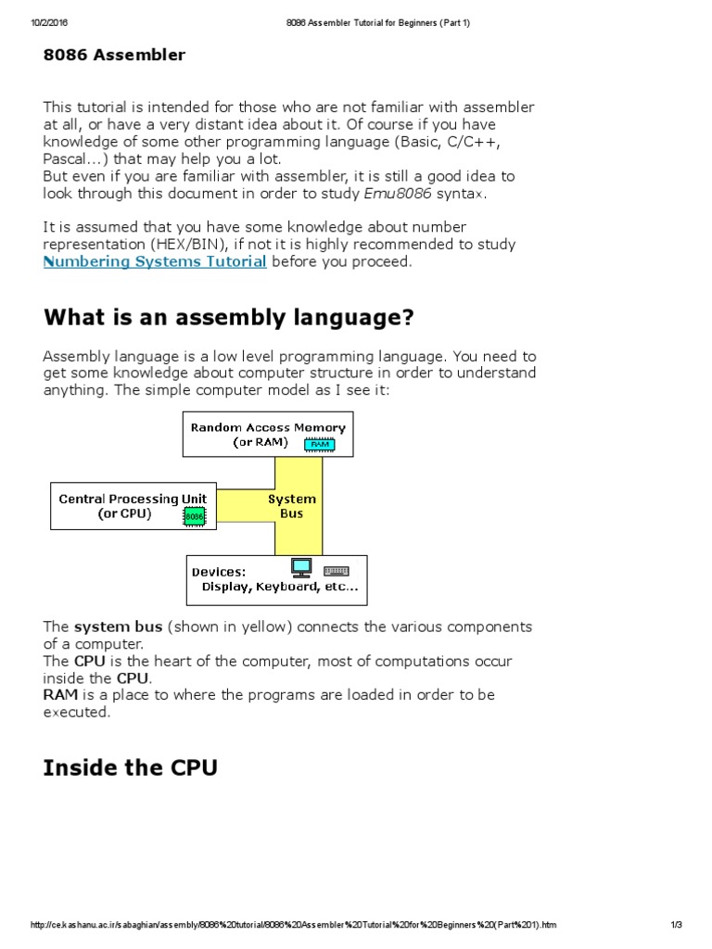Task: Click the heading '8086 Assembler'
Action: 114,56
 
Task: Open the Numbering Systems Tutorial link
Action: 155,262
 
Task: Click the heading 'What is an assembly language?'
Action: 228,318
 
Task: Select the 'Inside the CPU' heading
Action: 130,768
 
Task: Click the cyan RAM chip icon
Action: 320,444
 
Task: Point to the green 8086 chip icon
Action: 194,515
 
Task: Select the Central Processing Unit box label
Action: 133,499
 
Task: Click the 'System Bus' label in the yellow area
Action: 292,506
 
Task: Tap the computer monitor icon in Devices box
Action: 301,567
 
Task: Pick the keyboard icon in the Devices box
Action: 336,570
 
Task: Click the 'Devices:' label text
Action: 219,572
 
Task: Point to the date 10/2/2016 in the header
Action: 48,23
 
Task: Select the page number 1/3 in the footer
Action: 676,925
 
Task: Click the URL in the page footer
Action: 294,925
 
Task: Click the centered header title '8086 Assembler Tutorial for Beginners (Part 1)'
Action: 377,23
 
